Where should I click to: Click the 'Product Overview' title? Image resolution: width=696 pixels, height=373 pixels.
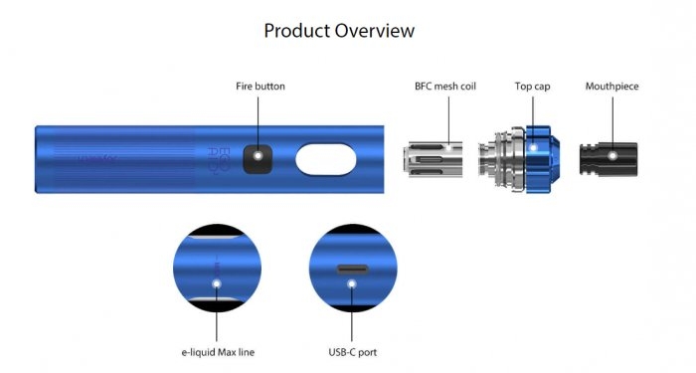339,31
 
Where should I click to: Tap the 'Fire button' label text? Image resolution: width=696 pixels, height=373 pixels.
261,87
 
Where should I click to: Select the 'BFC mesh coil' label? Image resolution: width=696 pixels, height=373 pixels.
445,87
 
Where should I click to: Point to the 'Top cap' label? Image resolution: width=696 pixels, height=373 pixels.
532,87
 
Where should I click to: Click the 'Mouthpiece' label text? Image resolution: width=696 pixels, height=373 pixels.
611,87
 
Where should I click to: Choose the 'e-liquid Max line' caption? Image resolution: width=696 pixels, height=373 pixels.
214,352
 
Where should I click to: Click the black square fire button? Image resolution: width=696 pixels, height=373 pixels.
261,157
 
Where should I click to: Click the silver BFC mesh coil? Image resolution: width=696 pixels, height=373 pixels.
433,157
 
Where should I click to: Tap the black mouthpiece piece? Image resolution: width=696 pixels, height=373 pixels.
609,157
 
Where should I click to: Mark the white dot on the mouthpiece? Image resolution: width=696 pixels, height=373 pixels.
611,156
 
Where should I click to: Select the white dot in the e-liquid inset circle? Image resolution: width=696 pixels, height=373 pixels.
215,283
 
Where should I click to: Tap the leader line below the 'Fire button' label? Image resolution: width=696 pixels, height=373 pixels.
261,118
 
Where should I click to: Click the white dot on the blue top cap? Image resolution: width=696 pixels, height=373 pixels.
533,147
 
